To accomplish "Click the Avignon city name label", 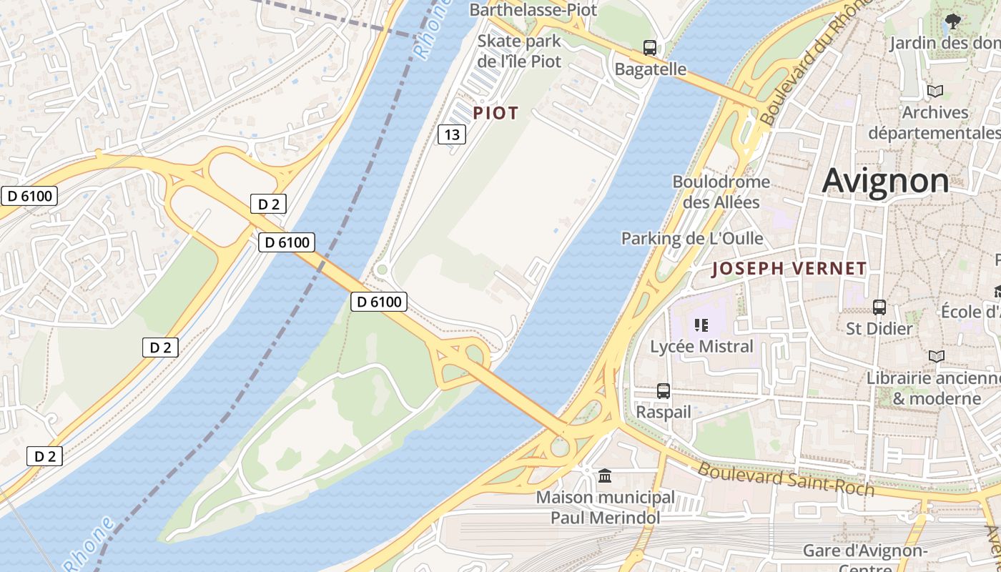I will (x=885, y=180).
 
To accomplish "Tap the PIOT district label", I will (x=495, y=113).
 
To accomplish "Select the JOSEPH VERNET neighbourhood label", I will (x=789, y=269).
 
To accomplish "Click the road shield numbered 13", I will (x=452, y=134).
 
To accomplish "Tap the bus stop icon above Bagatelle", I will (x=649, y=48).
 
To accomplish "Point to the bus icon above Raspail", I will (x=664, y=391).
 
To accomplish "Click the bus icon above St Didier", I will (x=879, y=307).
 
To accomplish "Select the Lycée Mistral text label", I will (x=701, y=347).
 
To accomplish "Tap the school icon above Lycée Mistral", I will (x=701, y=326).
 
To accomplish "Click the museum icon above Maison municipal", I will (x=605, y=475).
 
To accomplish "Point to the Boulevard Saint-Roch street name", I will (x=786, y=479).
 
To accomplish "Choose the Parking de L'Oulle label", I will (x=692, y=238).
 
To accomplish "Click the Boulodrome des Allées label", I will (x=721, y=192).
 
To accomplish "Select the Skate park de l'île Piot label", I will (x=519, y=51).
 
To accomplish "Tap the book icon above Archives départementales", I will (x=935, y=92).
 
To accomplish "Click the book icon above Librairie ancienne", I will (x=936, y=356).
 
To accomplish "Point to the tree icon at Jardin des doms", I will (x=952, y=21).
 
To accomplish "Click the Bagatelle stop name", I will (x=651, y=69).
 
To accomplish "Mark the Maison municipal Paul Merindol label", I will (x=605, y=507).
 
